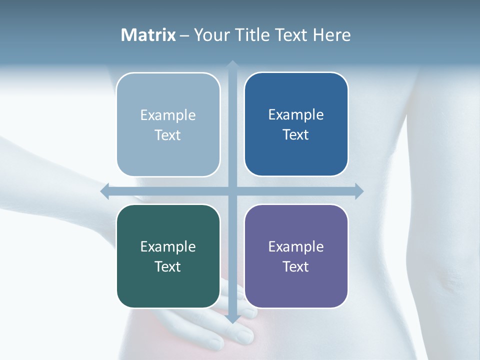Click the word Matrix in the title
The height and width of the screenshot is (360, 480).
click(148, 35)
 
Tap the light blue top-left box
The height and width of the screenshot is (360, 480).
click(168, 124)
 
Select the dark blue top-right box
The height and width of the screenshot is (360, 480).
click(296, 124)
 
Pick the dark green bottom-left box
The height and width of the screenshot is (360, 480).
click(168, 256)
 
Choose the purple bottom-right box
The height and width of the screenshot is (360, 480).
click(296, 256)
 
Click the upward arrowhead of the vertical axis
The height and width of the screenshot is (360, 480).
click(232, 65)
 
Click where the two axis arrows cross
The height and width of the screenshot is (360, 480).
click(232, 191)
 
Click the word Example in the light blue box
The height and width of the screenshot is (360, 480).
click(168, 115)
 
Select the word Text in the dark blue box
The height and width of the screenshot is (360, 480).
click(296, 135)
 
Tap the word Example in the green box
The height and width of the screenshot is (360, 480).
click(168, 247)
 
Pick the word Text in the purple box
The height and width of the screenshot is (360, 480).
click(296, 266)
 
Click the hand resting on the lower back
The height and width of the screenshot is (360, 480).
click(220, 325)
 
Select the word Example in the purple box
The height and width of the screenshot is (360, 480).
click(296, 247)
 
